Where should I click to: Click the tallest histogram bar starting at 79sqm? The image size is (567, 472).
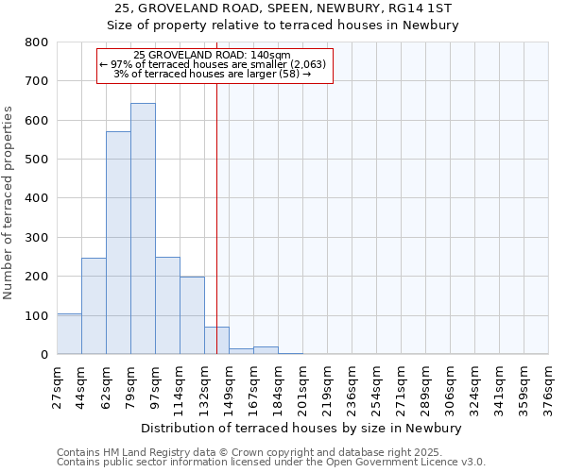pyautogui.click(x=143, y=228)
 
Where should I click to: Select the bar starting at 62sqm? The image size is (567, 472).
pyautogui.click(x=118, y=243)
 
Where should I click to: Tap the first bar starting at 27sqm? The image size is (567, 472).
pyautogui.click(x=69, y=334)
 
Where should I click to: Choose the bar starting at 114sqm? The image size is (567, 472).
pyautogui.click(x=192, y=315)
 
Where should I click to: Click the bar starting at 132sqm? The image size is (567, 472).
pyautogui.click(x=216, y=341)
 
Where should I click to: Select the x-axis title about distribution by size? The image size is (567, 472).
pyautogui.click(x=302, y=428)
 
